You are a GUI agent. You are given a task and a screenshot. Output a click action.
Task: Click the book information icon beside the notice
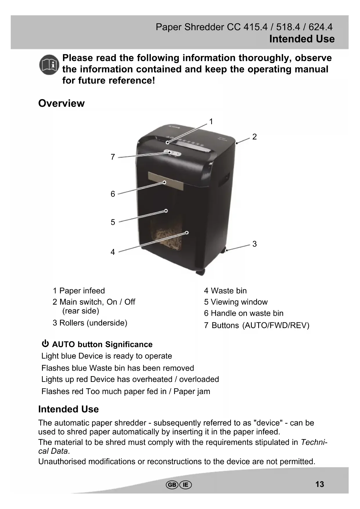[x=49, y=65]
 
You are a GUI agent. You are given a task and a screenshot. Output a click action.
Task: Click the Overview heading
[x=61, y=103]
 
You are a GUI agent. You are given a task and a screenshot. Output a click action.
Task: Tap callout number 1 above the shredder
[x=211, y=122]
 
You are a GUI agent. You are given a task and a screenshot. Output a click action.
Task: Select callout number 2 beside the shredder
[x=254, y=137]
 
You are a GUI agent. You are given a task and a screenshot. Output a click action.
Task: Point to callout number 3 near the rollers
[x=254, y=244]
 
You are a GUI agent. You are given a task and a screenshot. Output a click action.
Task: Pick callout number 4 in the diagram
[x=113, y=252]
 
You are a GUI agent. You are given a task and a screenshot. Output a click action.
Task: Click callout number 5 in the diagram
[x=113, y=222]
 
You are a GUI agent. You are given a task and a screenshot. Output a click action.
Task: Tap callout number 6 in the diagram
[x=113, y=194]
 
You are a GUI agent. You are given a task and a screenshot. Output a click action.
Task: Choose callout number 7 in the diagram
[x=113, y=157]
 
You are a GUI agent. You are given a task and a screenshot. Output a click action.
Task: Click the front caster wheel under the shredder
[x=200, y=272]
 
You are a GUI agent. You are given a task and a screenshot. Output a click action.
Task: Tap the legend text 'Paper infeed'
[x=82, y=291]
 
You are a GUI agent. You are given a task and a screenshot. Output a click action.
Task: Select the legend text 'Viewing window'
[x=239, y=302]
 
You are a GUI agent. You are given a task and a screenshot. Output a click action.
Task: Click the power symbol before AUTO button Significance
[x=45, y=344]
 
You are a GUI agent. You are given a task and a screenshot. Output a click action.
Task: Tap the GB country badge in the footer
[x=172, y=485]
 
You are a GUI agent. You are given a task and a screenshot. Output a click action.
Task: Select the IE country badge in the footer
[x=186, y=485]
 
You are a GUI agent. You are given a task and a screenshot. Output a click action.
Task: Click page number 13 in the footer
[x=320, y=484]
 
